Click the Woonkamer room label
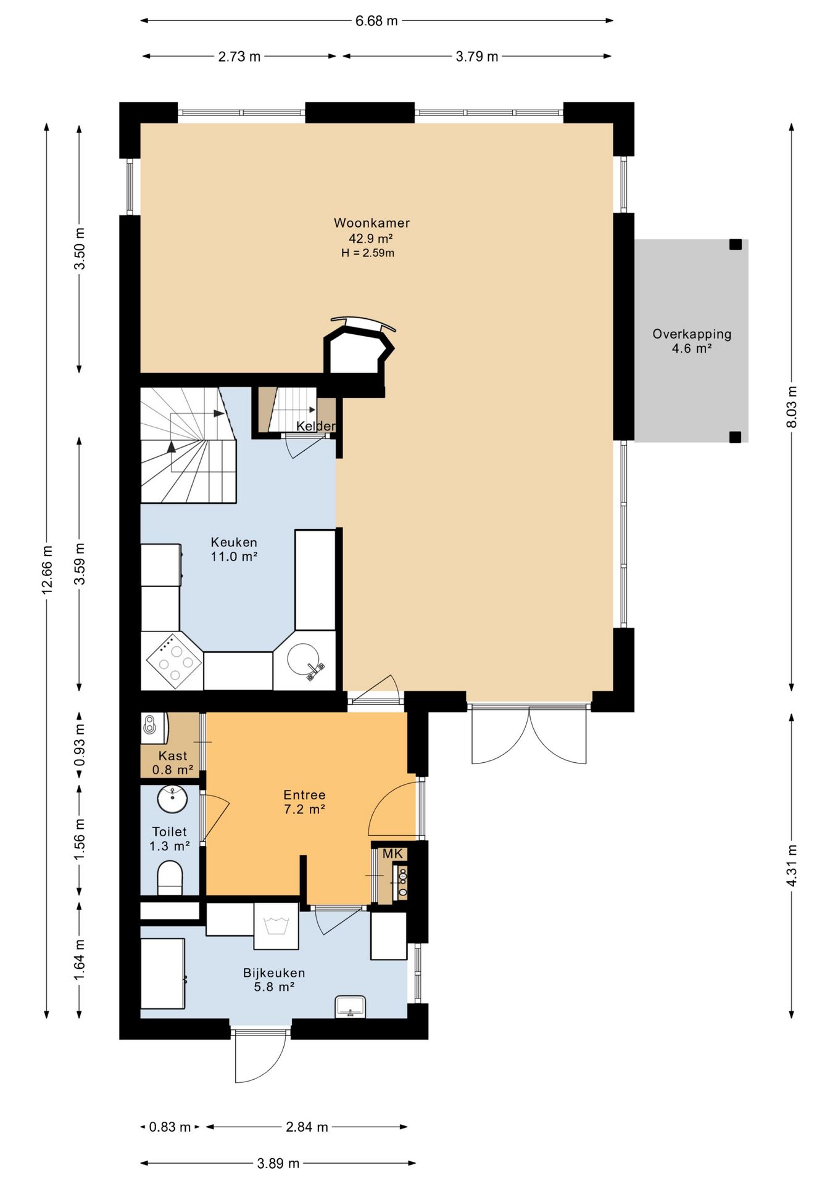(x=371, y=223)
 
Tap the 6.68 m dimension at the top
(x=376, y=21)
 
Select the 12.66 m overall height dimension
(x=47, y=570)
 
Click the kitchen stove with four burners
(x=174, y=661)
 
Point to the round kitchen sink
(x=305, y=660)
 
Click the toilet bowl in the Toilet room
(x=170, y=878)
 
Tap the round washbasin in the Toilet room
(x=172, y=800)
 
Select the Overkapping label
(x=692, y=334)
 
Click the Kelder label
(x=316, y=426)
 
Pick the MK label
(x=392, y=853)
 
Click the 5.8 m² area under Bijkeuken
(x=274, y=987)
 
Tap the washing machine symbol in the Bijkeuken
(x=276, y=926)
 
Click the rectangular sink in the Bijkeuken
(x=351, y=1007)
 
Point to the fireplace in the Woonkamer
(x=359, y=349)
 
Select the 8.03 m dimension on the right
(x=792, y=407)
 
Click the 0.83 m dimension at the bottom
(x=170, y=1127)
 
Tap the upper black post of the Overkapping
(x=735, y=244)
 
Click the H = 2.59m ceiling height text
(x=368, y=253)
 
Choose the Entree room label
(x=304, y=795)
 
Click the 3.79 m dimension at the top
(x=477, y=57)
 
